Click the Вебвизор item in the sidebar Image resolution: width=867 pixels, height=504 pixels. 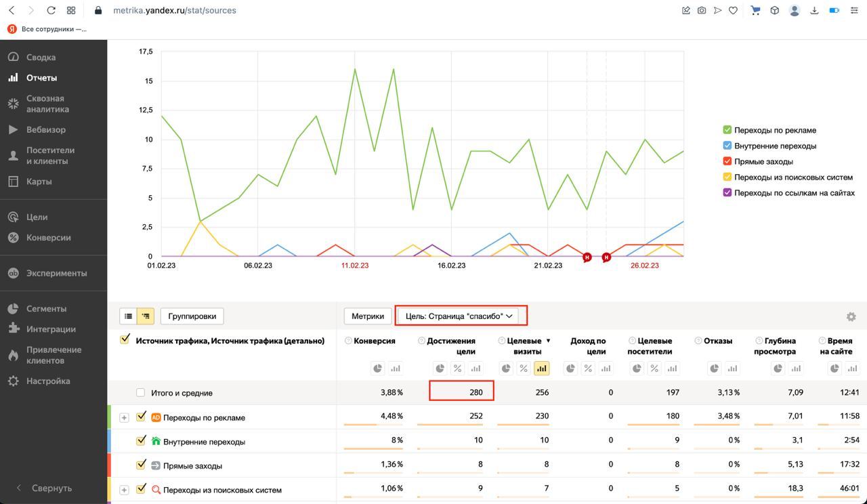45,129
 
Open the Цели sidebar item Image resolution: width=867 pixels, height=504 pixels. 37,217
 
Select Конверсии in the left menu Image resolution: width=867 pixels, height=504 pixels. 48,238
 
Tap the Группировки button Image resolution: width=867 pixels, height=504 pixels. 192,316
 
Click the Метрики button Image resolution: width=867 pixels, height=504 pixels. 368,316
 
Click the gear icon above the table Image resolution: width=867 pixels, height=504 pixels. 851,316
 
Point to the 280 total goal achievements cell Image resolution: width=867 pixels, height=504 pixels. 461,392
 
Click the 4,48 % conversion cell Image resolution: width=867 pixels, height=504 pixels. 392,416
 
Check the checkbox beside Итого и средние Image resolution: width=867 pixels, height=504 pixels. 140,392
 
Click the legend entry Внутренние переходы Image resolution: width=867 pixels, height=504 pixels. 775,146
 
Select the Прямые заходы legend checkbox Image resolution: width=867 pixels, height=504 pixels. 727,161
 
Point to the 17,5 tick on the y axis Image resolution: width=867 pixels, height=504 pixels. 146,51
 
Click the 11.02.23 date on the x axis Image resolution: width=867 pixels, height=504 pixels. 355,266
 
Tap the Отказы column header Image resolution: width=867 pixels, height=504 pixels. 718,341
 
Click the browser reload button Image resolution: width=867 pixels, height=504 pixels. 51,10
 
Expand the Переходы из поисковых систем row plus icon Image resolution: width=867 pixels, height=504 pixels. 124,490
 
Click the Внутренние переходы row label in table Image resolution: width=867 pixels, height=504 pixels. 204,442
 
